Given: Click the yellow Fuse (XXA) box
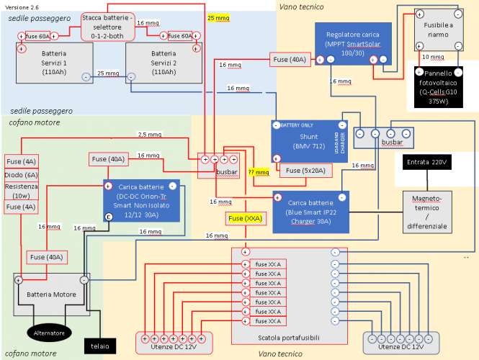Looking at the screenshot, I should tap(245, 217).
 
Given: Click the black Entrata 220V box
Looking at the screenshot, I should tap(427, 163).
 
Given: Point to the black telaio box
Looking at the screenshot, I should tap(100, 346).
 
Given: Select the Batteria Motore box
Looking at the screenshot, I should tap(50, 294).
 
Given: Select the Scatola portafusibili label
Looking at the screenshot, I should tap(289, 338).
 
